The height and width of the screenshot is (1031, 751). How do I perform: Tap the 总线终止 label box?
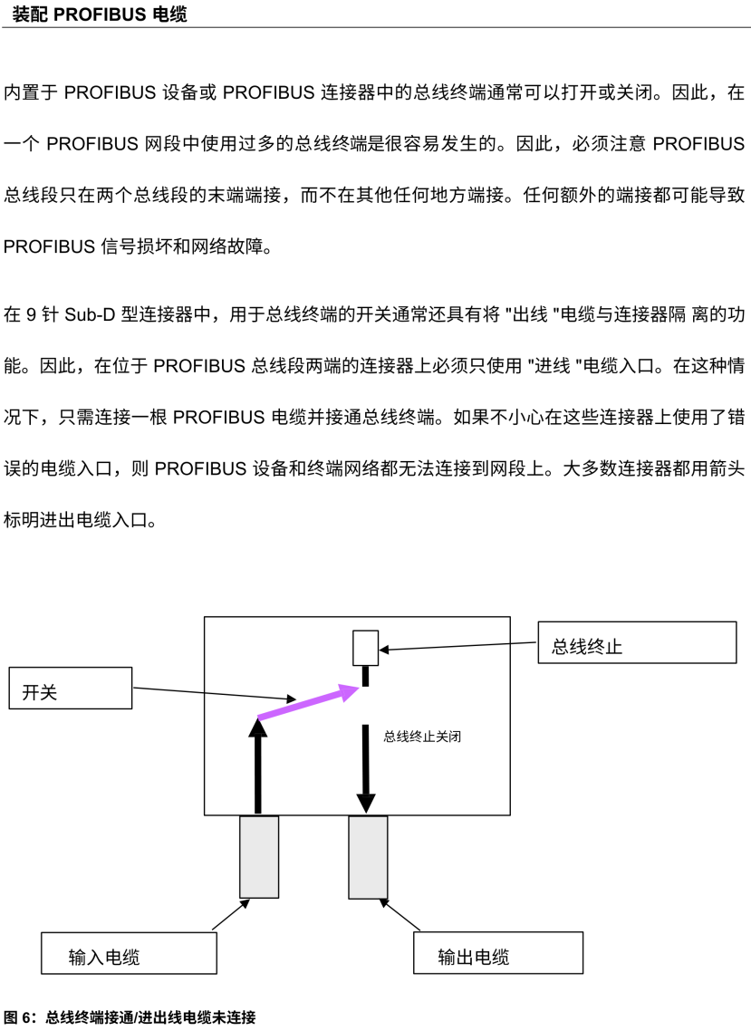click(x=636, y=642)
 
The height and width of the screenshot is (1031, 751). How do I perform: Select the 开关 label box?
click(x=71, y=689)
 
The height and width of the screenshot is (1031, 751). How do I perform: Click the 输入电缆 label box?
click(x=129, y=953)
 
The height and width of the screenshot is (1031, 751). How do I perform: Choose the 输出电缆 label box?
click(x=497, y=953)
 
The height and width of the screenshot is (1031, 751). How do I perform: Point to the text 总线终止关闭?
click(x=423, y=737)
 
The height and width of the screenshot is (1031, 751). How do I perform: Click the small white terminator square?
click(x=365, y=648)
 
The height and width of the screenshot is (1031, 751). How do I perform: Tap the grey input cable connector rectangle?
click(x=259, y=856)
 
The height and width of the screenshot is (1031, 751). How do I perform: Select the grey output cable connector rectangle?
click(x=368, y=856)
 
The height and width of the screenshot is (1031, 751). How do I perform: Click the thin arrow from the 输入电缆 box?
click(x=231, y=914)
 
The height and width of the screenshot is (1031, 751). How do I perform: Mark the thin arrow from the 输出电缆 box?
click(x=400, y=914)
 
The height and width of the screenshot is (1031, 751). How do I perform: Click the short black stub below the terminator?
click(x=366, y=676)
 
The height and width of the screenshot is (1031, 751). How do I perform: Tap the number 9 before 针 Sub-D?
click(x=31, y=314)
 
